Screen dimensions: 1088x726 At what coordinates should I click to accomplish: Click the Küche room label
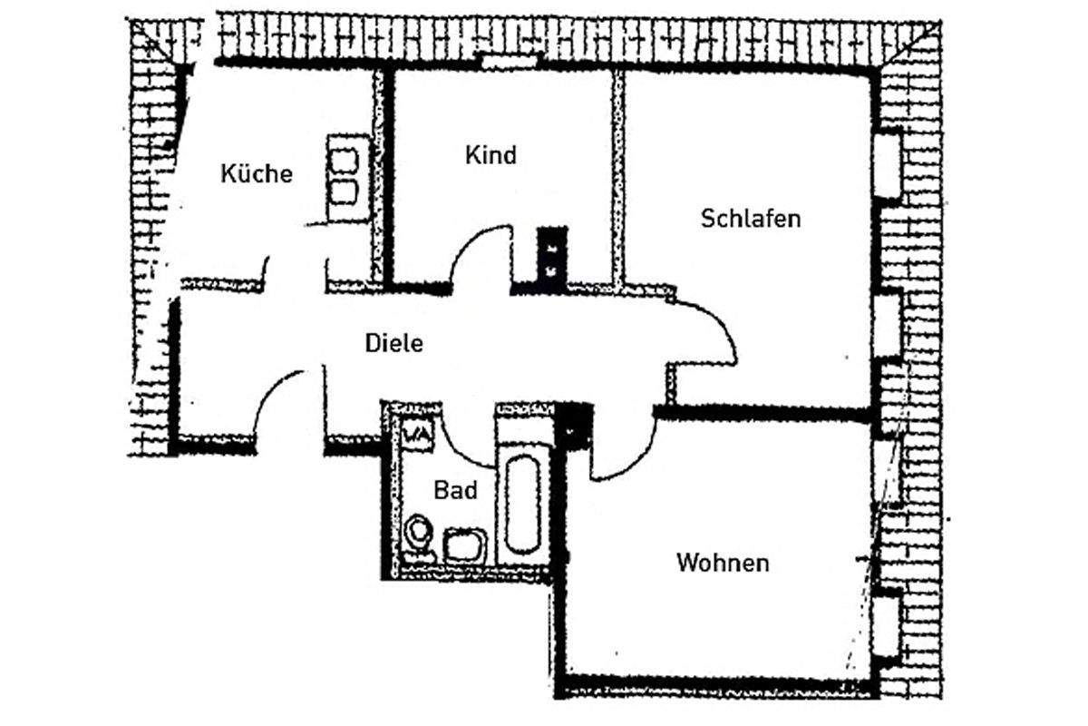point(257,173)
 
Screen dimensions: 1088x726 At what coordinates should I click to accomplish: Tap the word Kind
point(491,155)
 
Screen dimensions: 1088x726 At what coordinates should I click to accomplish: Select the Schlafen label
point(751,219)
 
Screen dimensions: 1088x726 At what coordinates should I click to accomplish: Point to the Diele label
point(393,343)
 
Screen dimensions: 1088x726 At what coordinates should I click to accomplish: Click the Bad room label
point(455,490)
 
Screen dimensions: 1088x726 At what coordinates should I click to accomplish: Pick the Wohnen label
point(723,563)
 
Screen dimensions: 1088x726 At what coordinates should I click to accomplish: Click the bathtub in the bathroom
point(522,505)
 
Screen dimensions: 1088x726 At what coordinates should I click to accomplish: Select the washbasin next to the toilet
point(465,544)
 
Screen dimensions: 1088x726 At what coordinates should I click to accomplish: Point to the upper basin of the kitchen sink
point(344,161)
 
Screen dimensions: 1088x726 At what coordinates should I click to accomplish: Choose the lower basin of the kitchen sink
point(344,193)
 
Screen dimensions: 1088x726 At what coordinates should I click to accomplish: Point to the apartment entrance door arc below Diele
point(268,389)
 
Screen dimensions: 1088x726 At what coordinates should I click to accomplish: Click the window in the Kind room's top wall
point(510,63)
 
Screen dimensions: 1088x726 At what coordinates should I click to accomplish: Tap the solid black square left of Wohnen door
point(574,427)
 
